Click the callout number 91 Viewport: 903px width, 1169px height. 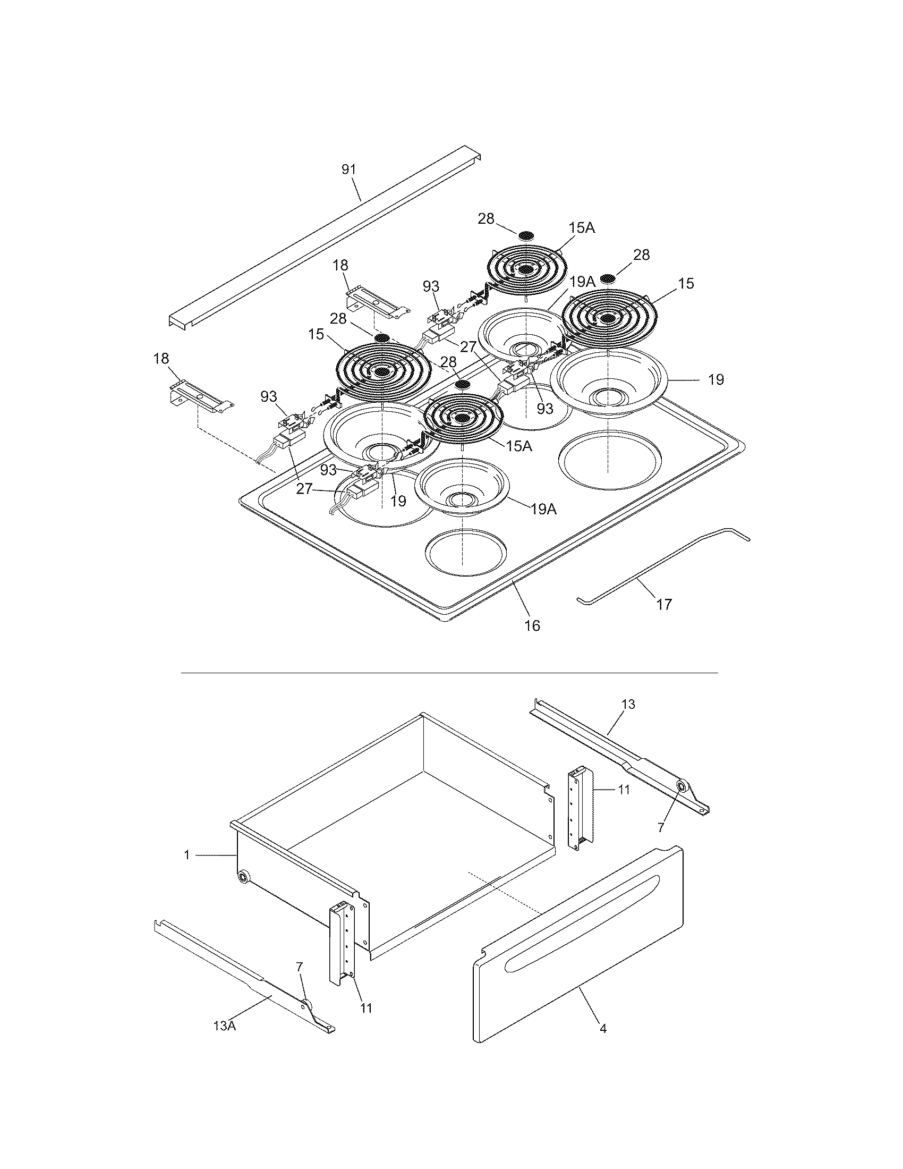[348, 169]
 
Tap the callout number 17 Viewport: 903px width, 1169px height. [663, 604]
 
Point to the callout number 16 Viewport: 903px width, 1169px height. [532, 625]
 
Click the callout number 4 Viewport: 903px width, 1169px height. [603, 1028]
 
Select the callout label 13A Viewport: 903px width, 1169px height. [225, 1026]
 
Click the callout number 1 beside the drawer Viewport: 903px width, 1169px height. [186, 855]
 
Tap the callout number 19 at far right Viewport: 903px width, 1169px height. [716, 379]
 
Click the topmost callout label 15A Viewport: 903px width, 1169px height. [582, 228]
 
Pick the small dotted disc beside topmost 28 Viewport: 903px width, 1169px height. [526, 235]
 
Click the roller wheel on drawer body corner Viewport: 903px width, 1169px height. [243, 877]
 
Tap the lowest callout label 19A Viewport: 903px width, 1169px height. [543, 509]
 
